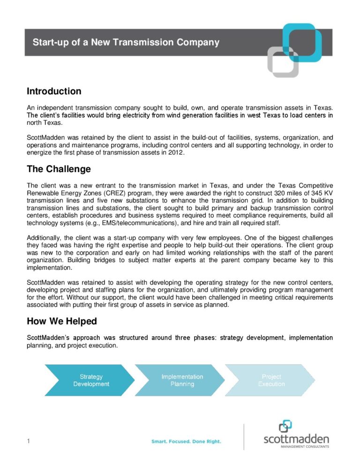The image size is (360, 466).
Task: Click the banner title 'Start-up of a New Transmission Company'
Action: pyautogui.click(x=126, y=43)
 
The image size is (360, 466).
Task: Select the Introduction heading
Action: pyautogui.click(x=54, y=91)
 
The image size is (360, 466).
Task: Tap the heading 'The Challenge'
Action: pyautogui.click(x=59, y=169)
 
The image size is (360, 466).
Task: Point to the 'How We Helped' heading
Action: pyautogui.click(x=62, y=321)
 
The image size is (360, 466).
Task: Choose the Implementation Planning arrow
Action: pyautogui.click(x=182, y=380)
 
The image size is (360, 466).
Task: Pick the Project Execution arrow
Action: pyautogui.click(x=271, y=380)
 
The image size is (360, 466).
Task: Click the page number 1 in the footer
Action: pyautogui.click(x=29, y=441)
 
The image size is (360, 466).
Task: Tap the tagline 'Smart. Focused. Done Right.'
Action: pyautogui.click(x=186, y=442)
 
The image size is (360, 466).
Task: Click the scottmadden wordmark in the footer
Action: pyautogui.click(x=296, y=439)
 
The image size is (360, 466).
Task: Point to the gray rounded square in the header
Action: pyautogui.click(x=283, y=62)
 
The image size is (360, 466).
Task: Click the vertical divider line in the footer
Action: pyautogui.click(x=244, y=437)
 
